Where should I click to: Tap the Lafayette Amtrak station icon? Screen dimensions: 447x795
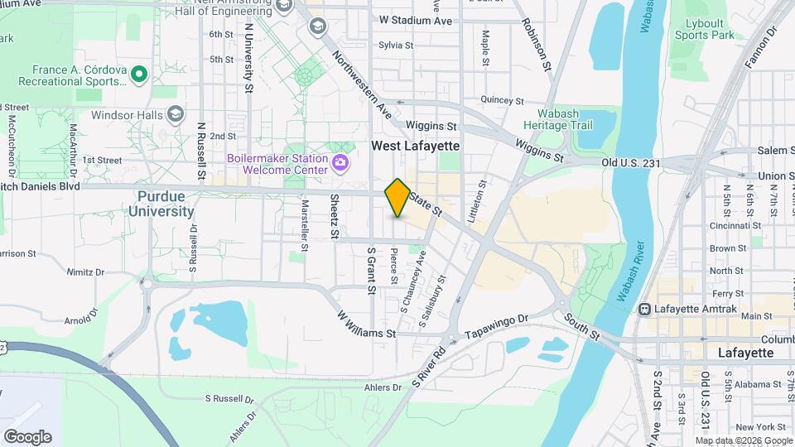645,309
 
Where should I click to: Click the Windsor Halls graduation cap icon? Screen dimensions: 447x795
175,114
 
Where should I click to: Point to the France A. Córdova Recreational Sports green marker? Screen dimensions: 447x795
139,75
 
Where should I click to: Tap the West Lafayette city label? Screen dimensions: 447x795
415,146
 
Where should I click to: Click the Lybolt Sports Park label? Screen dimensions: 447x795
704,29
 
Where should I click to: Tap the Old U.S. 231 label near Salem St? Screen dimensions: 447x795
631,163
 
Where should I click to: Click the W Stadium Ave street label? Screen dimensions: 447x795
416,20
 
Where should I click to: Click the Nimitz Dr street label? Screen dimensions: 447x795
86,272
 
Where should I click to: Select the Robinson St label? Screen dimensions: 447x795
537,41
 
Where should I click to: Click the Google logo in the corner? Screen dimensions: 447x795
27,437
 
